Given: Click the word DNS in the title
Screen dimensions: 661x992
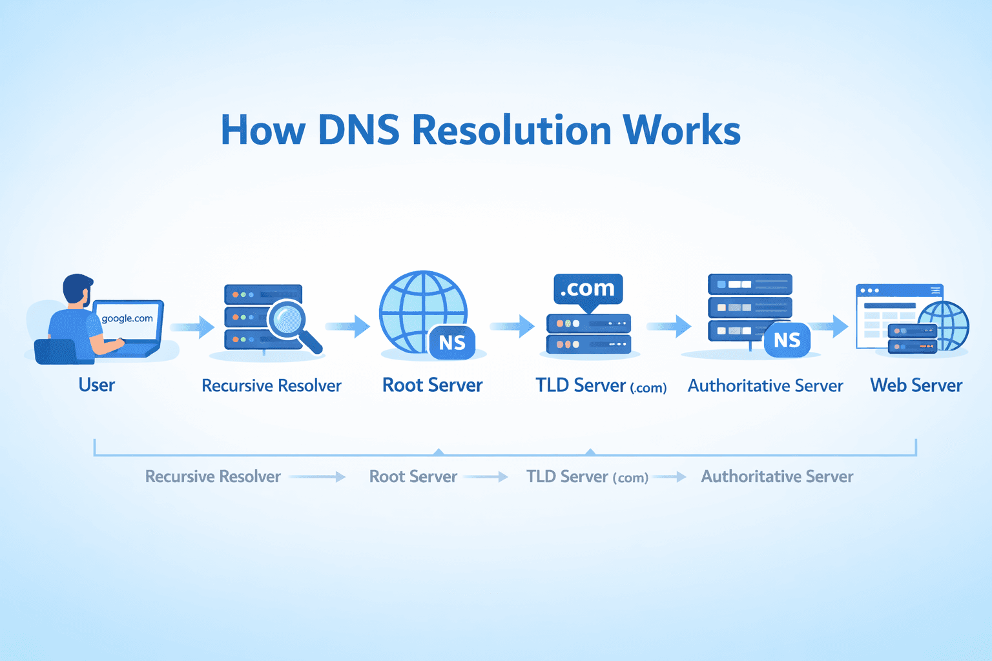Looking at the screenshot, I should point(358,130).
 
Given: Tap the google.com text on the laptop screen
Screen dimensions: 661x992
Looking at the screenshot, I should point(127,318).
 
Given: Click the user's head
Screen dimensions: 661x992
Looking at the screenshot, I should point(78,289).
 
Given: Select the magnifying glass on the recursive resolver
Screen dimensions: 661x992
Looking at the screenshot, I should point(288,319).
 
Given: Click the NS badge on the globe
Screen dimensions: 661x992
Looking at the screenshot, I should point(452,342).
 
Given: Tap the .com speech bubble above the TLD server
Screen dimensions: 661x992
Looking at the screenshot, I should point(588,289).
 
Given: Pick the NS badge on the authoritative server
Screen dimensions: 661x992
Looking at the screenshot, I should point(787,340).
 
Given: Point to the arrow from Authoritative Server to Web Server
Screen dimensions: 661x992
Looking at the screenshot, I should point(830,327).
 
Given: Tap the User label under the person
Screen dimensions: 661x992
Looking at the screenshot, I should point(97,385).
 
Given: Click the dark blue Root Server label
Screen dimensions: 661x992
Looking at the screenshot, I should point(433,385).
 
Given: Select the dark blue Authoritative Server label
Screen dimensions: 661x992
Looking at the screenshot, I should point(765,386).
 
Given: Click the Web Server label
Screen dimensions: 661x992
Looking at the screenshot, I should point(916,386).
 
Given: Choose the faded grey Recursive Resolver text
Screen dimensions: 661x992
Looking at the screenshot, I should point(213,477).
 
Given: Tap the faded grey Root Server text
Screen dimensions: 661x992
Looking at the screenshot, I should point(413,477).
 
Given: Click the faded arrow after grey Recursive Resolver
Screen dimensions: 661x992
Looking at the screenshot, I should point(317,477).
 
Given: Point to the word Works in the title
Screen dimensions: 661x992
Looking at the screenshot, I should point(681,130).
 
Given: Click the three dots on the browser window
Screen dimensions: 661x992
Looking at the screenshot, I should point(869,290).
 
